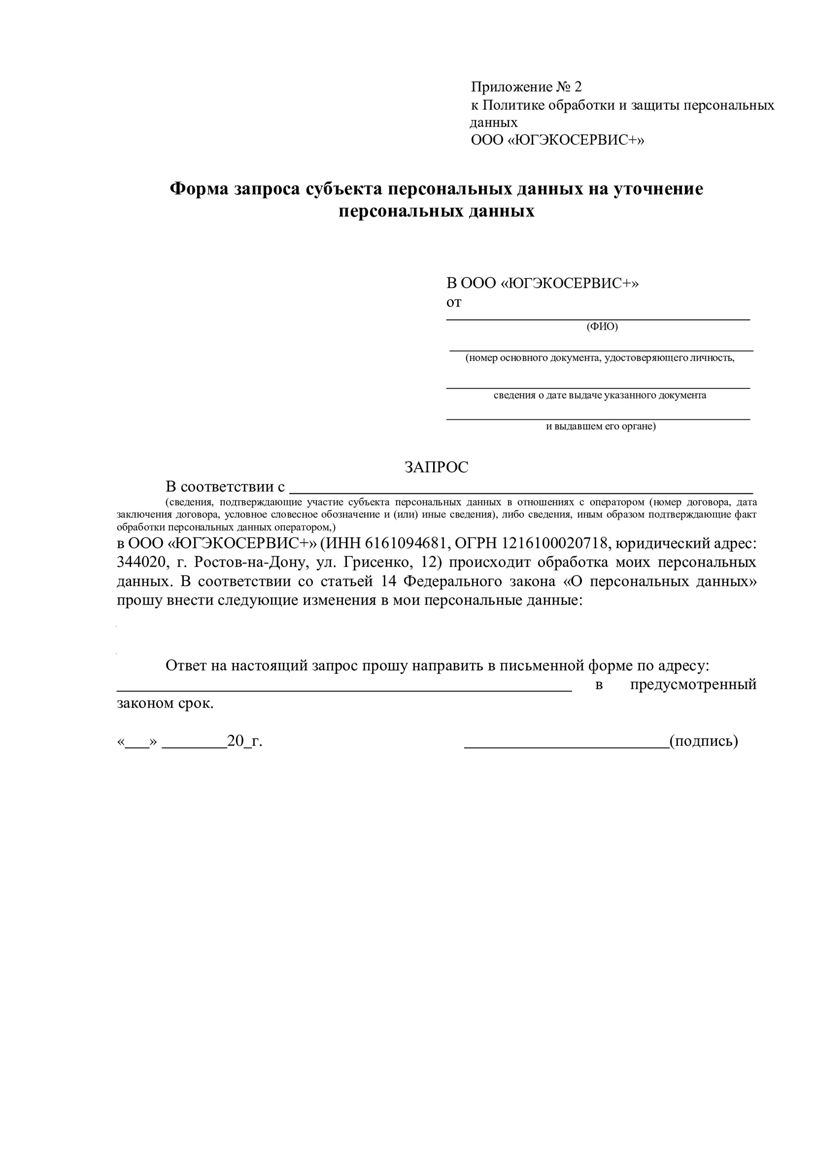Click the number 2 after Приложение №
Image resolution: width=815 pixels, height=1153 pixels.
pyautogui.click(x=577, y=87)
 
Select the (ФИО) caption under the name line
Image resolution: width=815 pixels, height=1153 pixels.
pyautogui.click(x=602, y=326)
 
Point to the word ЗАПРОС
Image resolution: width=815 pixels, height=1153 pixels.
pyautogui.click(x=436, y=467)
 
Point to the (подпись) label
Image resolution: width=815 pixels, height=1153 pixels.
pyautogui.click(x=704, y=741)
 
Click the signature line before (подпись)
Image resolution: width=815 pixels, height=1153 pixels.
pyautogui.click(x=566, y=747)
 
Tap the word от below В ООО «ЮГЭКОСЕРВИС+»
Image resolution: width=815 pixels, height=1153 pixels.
pyautogui.click(x=453, y=303)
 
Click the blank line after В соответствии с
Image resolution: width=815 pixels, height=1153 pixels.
pyautogui.click(x=521, y=493)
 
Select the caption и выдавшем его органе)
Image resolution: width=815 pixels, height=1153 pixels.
pyautogui.click(x=601, y=427)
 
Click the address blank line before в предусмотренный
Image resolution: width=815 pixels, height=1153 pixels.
pyautogui.click(x=344, y=691)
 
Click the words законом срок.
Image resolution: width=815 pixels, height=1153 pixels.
pyautogui.click(x=165, y=704)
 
